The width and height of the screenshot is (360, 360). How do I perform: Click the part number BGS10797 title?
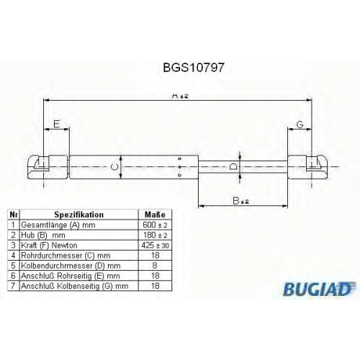(x=194, y=68)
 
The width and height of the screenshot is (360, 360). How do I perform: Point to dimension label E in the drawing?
(x=56, y=124)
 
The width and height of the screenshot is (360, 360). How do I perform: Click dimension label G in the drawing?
(x=300, y=125)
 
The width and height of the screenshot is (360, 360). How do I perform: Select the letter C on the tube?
(x=115, y=167)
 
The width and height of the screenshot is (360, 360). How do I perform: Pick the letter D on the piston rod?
(x=233, y=166)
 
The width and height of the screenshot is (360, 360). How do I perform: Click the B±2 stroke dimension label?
(x=240, y=201)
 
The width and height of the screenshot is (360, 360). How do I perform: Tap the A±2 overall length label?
(x=181, y=96)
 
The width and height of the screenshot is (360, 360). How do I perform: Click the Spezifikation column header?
(x=79, y=215)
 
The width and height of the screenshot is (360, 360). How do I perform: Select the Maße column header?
(x=155, y=215)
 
